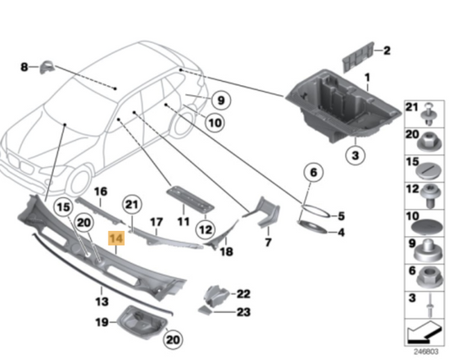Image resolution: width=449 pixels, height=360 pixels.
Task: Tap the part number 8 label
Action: pos(24,66)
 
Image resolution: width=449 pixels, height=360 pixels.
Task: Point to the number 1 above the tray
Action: pos(366,78)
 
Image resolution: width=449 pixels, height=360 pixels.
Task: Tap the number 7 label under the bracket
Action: pos(267,243)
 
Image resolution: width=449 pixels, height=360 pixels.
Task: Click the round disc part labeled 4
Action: pos(317,228)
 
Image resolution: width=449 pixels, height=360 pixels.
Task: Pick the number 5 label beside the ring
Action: pos(340,215)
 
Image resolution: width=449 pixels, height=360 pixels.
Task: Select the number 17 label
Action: pos(155,222)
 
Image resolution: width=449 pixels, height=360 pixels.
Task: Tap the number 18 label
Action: pos(226,252)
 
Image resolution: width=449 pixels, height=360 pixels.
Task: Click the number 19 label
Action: pos(100,321)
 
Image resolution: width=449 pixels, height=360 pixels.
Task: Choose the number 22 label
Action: pos(243,293)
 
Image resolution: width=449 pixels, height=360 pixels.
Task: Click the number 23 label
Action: pos(243,311)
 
